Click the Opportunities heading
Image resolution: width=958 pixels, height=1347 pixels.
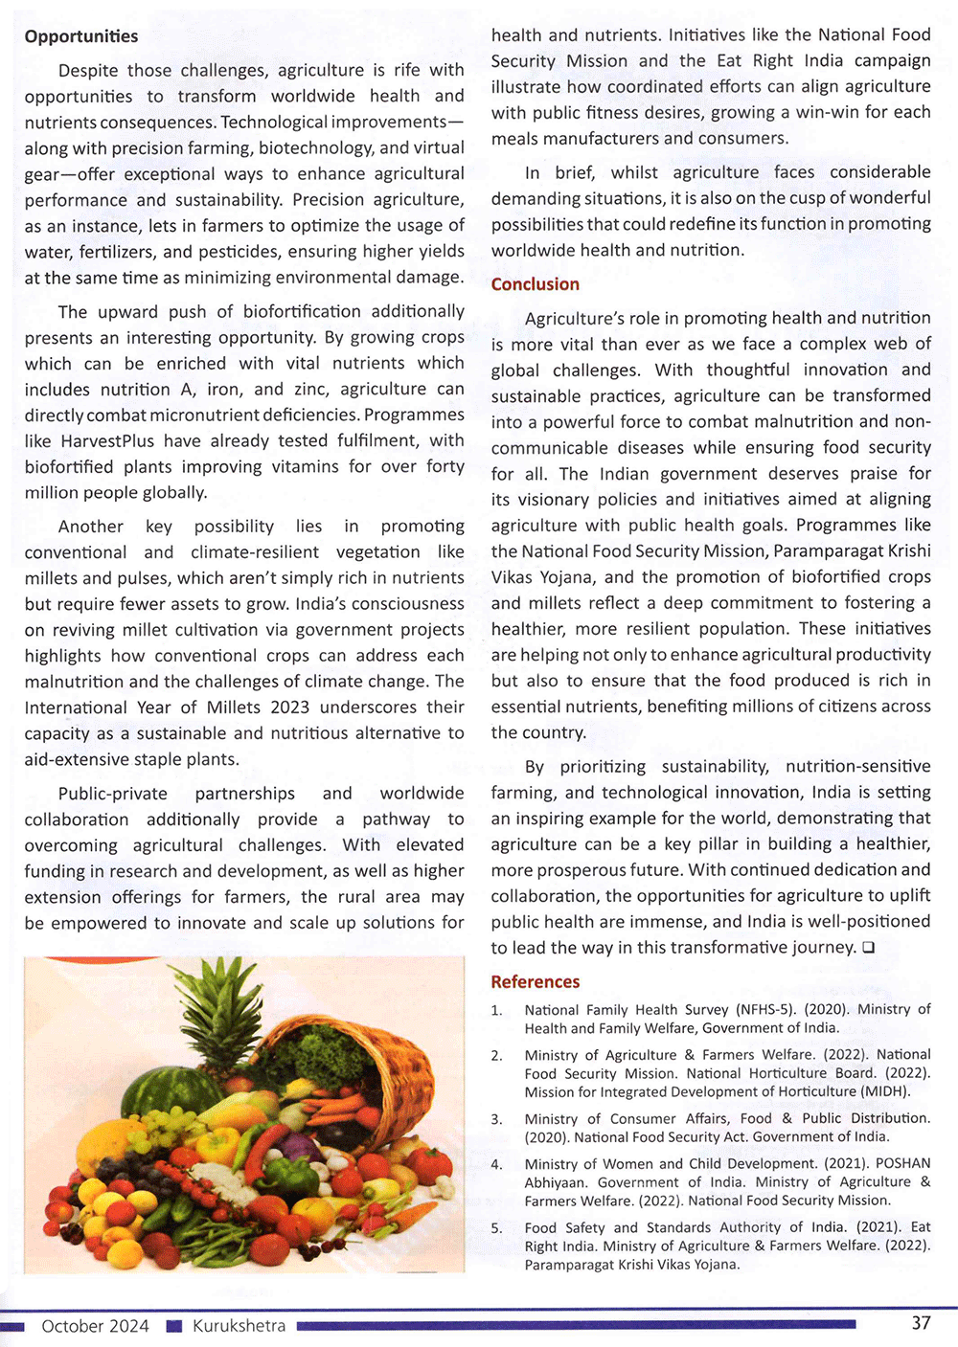click(81, 36)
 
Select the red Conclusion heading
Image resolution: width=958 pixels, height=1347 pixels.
click(535, 284)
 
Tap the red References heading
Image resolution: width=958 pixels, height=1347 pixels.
click(535, 981)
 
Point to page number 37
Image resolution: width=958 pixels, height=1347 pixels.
click(921, 1323)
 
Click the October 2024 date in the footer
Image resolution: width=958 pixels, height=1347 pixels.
click(95, 1326)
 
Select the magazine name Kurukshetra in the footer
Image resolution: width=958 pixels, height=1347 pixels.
click(239, 1326)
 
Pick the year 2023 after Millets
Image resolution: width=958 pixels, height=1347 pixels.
click(287, 707)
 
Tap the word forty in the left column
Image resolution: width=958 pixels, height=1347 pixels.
click(445, 467)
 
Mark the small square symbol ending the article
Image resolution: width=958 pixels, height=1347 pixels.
click(867, 948)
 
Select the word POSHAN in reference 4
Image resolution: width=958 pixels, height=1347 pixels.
click(902, 1164)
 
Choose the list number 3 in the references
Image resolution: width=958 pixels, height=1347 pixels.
click(496, 1119)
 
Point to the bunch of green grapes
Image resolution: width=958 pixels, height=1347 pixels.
click(168, 1125)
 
